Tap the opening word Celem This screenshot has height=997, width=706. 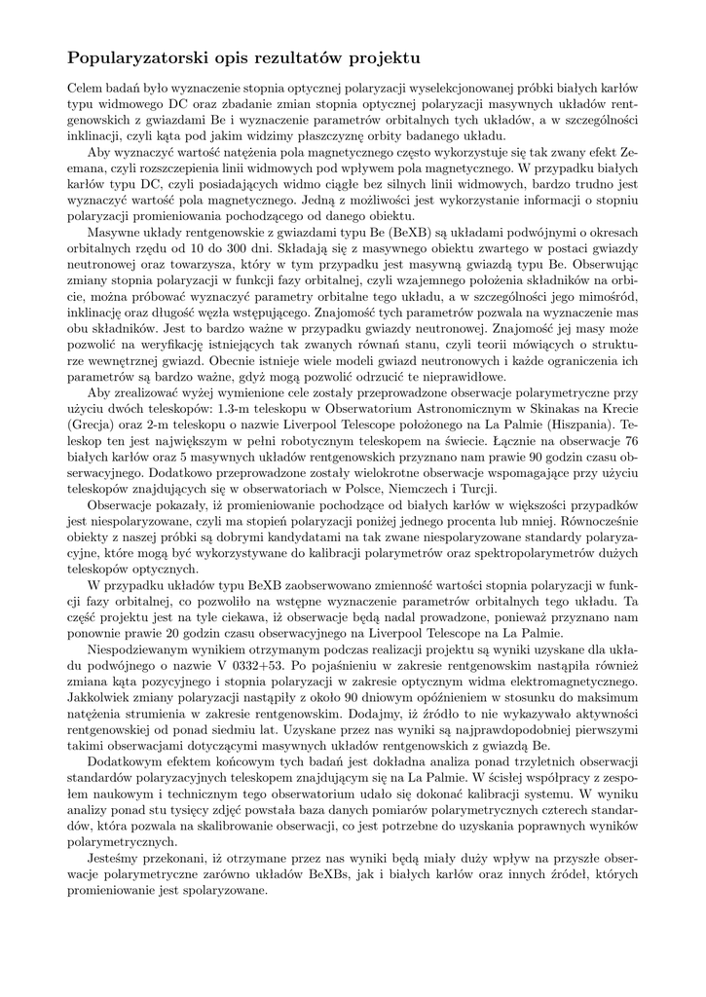coord(86,87)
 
